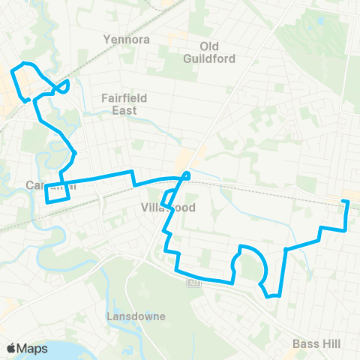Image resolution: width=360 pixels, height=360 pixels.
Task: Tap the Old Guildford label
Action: pos(208,52)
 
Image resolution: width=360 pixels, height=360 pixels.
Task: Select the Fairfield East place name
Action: pos(124,103)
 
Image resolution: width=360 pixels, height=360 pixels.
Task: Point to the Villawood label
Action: pos(167,207)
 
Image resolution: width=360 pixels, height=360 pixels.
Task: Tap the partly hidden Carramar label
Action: pos(41,184)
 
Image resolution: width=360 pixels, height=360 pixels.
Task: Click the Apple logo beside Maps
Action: pos(11,349)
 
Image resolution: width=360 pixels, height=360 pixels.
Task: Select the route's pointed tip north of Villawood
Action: pos(187,175)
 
